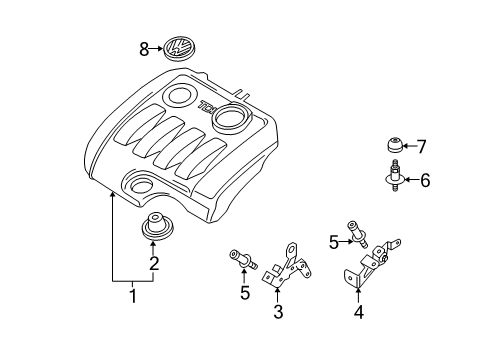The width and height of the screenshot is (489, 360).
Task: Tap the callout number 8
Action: [x=144, y=50]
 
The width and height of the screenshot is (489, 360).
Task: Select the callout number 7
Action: [x=422, y=147]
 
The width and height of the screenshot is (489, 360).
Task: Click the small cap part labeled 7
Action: [x=394, y=144]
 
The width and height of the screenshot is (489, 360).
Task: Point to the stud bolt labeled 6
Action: [x=395, y=176]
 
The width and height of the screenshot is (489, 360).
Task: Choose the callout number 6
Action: [x=425, y=180]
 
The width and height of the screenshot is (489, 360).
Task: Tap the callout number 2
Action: [x=154, y=263]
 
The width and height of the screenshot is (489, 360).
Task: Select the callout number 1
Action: [x=133, y=296]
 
